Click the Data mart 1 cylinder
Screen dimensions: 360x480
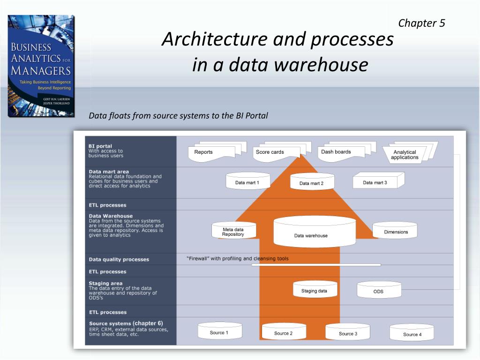[247, 182]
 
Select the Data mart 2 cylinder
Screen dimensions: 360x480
[312, 183]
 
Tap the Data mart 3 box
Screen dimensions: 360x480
[376, 182]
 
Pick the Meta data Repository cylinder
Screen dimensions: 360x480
[233, 232]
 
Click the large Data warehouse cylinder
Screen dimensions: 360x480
[311, 233]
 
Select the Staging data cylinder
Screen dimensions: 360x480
[315, 290]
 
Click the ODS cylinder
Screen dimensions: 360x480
[378, 291]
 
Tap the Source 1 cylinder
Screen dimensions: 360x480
[219, 331]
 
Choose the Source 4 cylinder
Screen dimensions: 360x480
[412, 333]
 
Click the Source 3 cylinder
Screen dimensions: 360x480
[348, 332]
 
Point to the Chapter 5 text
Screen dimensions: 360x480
[421, 23]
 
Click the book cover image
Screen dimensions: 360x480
[41, 66]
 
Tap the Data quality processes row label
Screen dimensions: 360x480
[119, 259]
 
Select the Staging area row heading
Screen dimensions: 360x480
[106, 283]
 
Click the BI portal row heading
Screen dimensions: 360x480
[100, 146]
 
